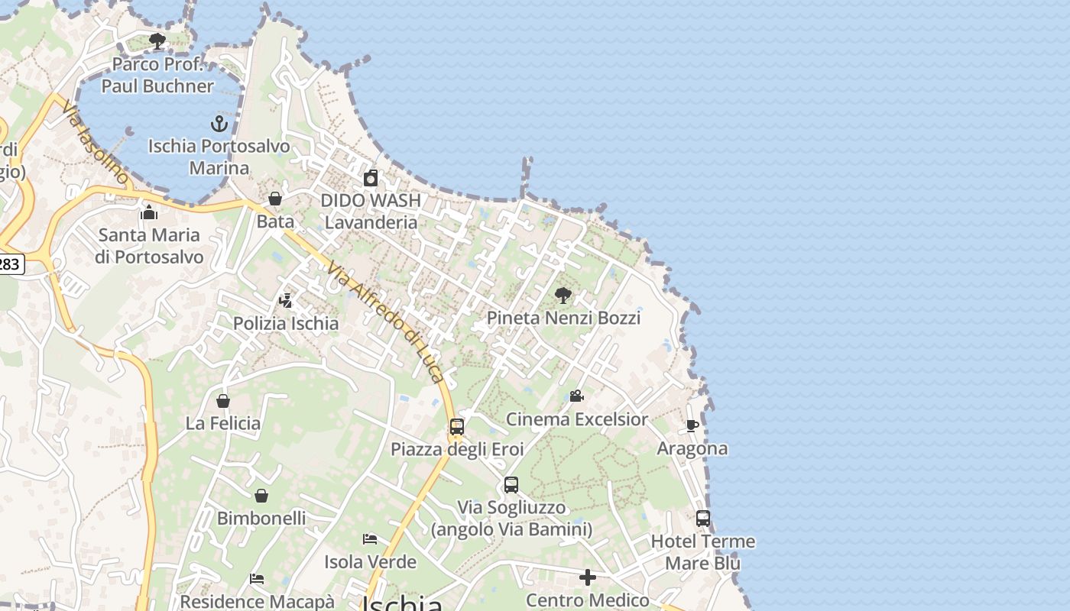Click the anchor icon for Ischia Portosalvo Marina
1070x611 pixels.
(x=219, y=123)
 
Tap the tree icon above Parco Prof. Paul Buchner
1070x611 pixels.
(x=157, y=40)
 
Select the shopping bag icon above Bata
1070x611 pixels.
(x=275, y=199)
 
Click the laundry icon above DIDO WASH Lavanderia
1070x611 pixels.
(x=371, y=178)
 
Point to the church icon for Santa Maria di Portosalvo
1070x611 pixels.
(x=149, y=212)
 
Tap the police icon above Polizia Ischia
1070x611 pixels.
(x=286, y=301)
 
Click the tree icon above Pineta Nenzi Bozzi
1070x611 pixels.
(x=563, y=295)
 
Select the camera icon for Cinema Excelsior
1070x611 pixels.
(x=577, y=396)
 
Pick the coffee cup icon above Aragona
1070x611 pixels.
(x=692, y=425)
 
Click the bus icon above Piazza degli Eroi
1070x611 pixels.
(x=457, y=427)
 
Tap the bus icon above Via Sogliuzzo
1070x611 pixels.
(x=511, y=485)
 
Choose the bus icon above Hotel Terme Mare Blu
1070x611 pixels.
(x=703, y=519)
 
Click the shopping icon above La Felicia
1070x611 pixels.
(x=223, y=401)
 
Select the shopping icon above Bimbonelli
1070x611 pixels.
(x=261, y=496)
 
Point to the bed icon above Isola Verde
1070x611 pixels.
(x=370, y=539)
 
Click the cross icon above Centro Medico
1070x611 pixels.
(x=587, y=577)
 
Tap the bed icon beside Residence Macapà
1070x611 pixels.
(x=257, y=579)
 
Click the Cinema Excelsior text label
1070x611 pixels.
(x=577, y=419)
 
